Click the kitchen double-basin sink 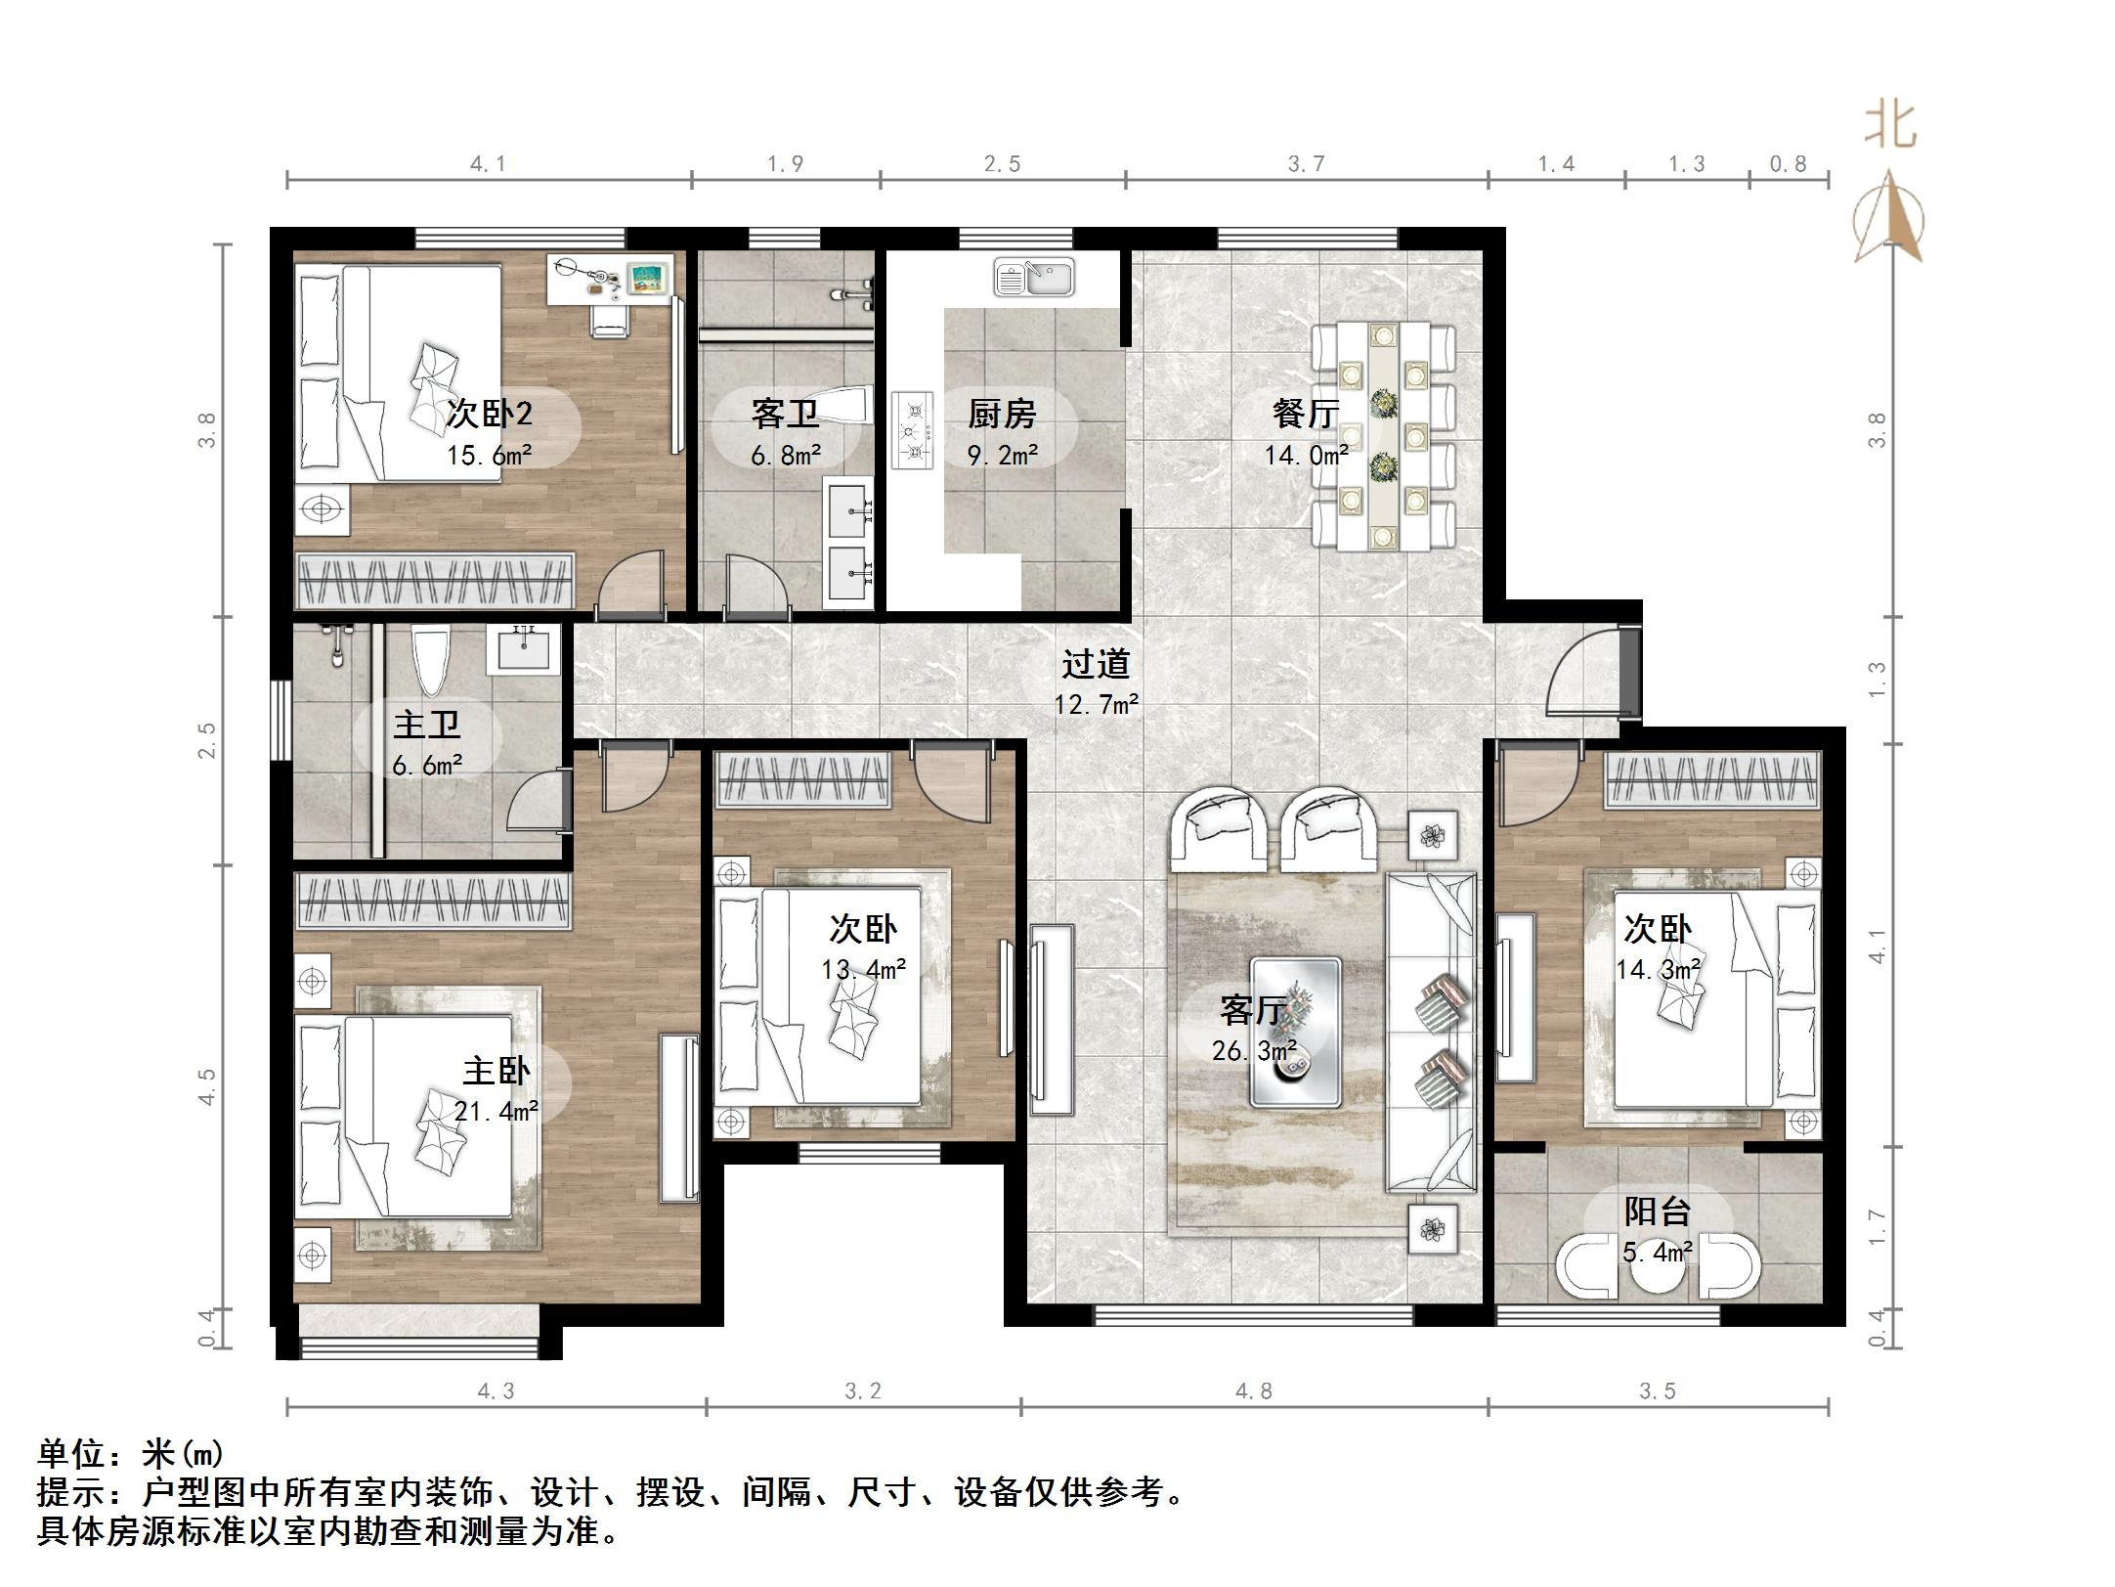click(1033, 277)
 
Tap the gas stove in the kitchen click(912, 431)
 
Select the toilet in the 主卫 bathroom click(431, 661)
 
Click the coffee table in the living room click(1296, 1032)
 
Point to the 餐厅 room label click(1305, 414)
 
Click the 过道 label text click(1096, 664)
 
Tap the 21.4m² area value click(496, 1111)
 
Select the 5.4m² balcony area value click(1658, 1252)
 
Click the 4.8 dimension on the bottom click(1254, 1390)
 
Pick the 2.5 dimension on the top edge click(1002, 164)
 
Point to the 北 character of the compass click(1889, 127)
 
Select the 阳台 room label click(1658, 1212)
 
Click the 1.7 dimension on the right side click(1877, 1228)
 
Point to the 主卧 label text click(496, 1071)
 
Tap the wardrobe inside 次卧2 click(436, 581)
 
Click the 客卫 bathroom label click(785, 414)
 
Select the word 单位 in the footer click(73, 1454)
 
